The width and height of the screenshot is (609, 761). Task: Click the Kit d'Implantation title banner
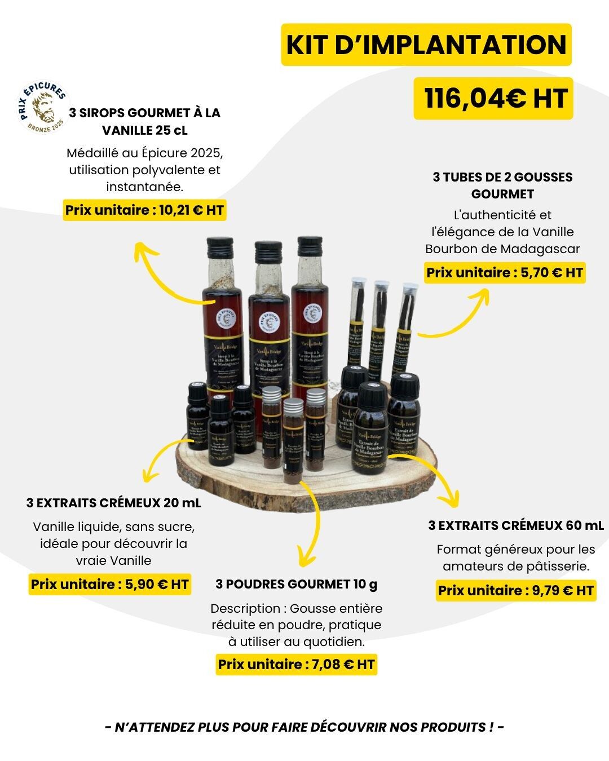click(426, 45)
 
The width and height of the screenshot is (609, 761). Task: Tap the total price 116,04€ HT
click(493, 99)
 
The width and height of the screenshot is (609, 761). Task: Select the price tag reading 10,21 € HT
click(144, 211)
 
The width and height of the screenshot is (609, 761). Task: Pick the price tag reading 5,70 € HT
click(505, 273)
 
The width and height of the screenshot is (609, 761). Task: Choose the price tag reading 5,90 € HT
click(109, 584)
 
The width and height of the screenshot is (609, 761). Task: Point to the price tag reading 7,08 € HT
click(296, 664)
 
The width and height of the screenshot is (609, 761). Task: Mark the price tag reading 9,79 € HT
click(516, 591)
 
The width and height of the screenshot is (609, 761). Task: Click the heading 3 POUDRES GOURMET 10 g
click(297, 584)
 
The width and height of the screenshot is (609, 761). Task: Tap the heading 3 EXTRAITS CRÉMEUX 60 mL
click(516, 525)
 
